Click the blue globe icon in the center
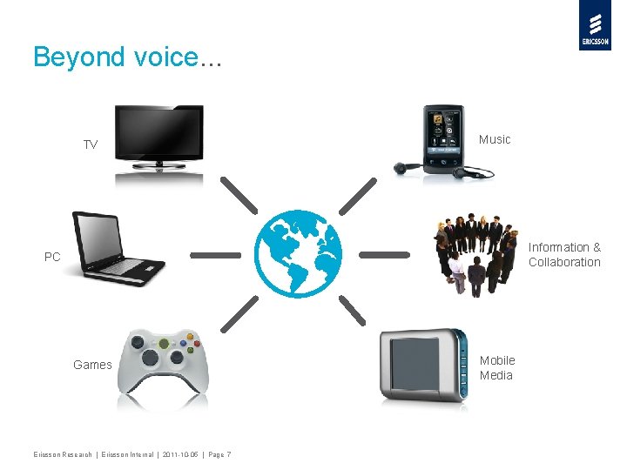pyautogui.click(x=299, y=254)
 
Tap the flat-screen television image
pyautogui.click(x=159, y=139)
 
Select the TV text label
pyautogui.click(x=91, y=144)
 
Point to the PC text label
pyautogui.click(x=53, y=257)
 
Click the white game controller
pyautogui.click(x=163, y=363)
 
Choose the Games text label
pyautogui.click(x=92, y=365)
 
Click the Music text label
pyautogui.click(x=495, y=139)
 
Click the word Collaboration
pyautogui.click(x=564, y=262)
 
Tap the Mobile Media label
pyautogui.click(x=497, y=367)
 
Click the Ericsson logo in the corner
pyautogui.click(x=595, y=25)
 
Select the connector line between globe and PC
pyautogui.click(x=215, y=255)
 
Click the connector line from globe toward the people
pyautogui.click(x=384, y=255)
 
